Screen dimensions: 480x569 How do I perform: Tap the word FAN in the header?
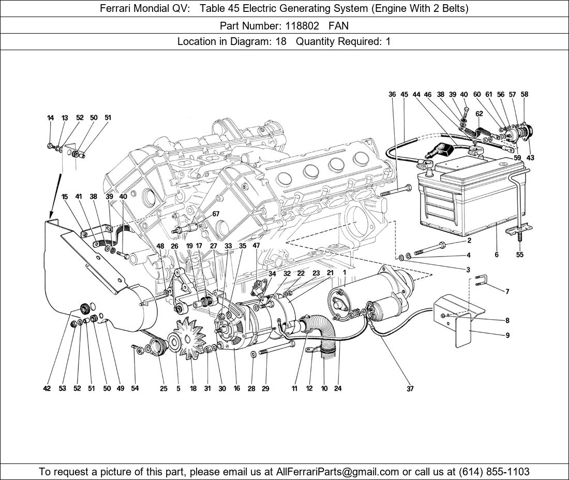339,25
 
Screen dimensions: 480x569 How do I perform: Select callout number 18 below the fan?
193,388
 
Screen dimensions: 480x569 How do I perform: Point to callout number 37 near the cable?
410,388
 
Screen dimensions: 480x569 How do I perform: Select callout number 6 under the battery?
497,254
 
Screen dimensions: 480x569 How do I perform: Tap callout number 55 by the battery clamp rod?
520,254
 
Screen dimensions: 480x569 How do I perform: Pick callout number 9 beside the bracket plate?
507,335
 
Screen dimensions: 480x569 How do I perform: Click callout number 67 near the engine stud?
216,214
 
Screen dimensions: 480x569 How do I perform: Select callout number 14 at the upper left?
50,118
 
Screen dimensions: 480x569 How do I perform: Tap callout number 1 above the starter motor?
344,273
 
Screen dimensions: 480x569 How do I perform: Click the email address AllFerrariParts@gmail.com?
338,472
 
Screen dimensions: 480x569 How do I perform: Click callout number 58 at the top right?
524,94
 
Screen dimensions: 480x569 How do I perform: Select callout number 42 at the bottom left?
47,388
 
